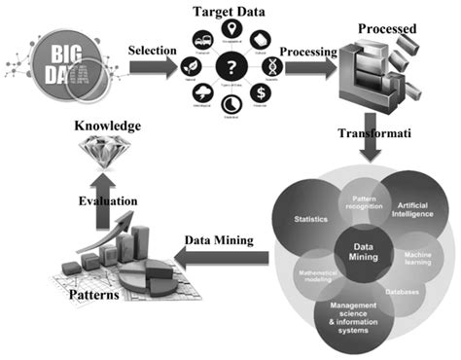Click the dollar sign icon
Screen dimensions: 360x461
[261, 92]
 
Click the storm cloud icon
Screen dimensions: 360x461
[201, 92]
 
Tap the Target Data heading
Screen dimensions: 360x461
[230, 10]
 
